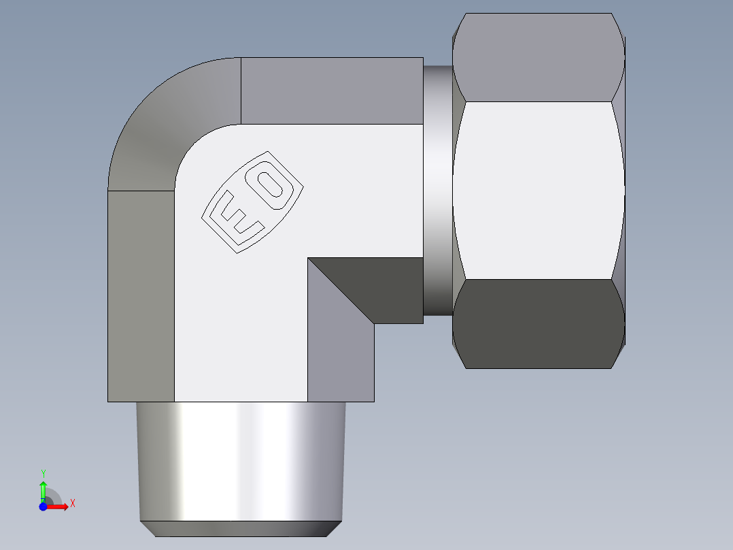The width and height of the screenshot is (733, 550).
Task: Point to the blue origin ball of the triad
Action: click(43, 506)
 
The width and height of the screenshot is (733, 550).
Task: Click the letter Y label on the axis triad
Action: click(43, 473)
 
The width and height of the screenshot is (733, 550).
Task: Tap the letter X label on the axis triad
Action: click(72, 504)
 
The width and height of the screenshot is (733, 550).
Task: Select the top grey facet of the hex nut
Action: click(539, 58)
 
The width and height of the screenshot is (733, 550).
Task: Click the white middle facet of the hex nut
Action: click(539, 191)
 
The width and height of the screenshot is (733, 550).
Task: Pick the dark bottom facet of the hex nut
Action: click(539, 323)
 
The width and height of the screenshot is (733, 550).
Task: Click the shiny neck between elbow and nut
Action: click(438, 191)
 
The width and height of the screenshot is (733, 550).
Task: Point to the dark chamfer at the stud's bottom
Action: click(241, 529)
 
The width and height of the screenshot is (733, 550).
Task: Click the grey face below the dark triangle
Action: click(340, 361)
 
